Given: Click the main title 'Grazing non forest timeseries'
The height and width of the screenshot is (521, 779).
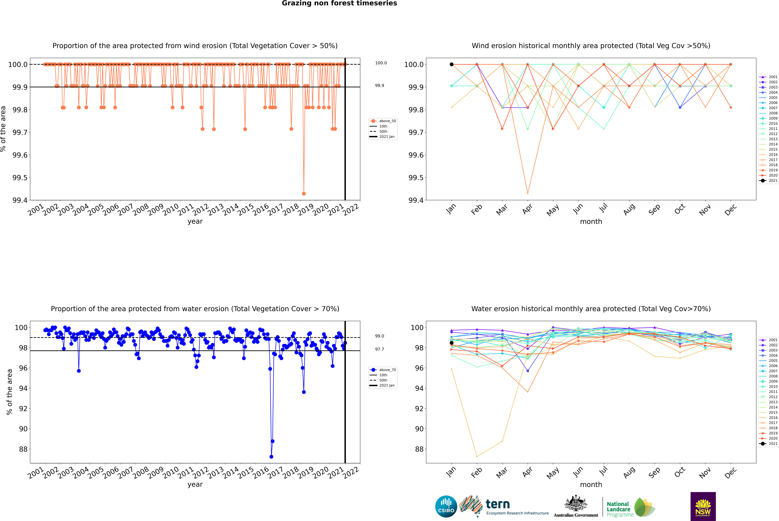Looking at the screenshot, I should point(339,3).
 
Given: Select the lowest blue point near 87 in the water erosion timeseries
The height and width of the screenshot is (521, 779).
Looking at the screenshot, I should point(271,457).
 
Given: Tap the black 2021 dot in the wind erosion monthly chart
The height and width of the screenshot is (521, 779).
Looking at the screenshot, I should point(452,64).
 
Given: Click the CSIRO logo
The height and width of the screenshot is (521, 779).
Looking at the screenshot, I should point(446,507).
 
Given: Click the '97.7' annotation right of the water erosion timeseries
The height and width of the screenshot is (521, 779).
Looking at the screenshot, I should point(380,349).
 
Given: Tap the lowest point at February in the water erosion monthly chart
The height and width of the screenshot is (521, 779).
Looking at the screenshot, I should point(477,457).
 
